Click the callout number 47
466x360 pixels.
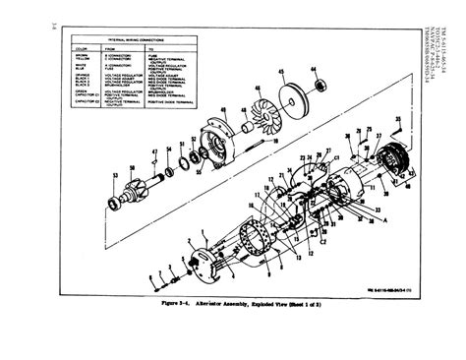click(155, 150)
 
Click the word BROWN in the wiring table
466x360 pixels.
click(82, 55)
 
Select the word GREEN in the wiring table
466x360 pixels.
click(81, 96)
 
